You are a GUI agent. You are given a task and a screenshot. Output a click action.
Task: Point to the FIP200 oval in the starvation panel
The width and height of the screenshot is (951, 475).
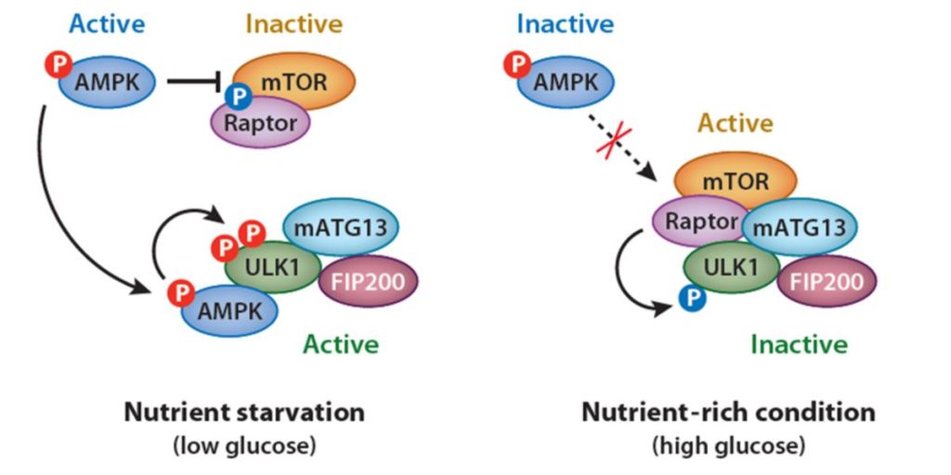[x=369, y=280]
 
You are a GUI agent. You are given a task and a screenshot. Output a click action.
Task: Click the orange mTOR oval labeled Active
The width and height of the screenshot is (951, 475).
[x=736, y=180]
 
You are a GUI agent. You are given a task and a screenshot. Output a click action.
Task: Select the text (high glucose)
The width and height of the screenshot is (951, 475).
[x=728, y=445]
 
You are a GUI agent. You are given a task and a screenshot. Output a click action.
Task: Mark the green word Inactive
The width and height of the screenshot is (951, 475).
[x=799, y=345]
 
